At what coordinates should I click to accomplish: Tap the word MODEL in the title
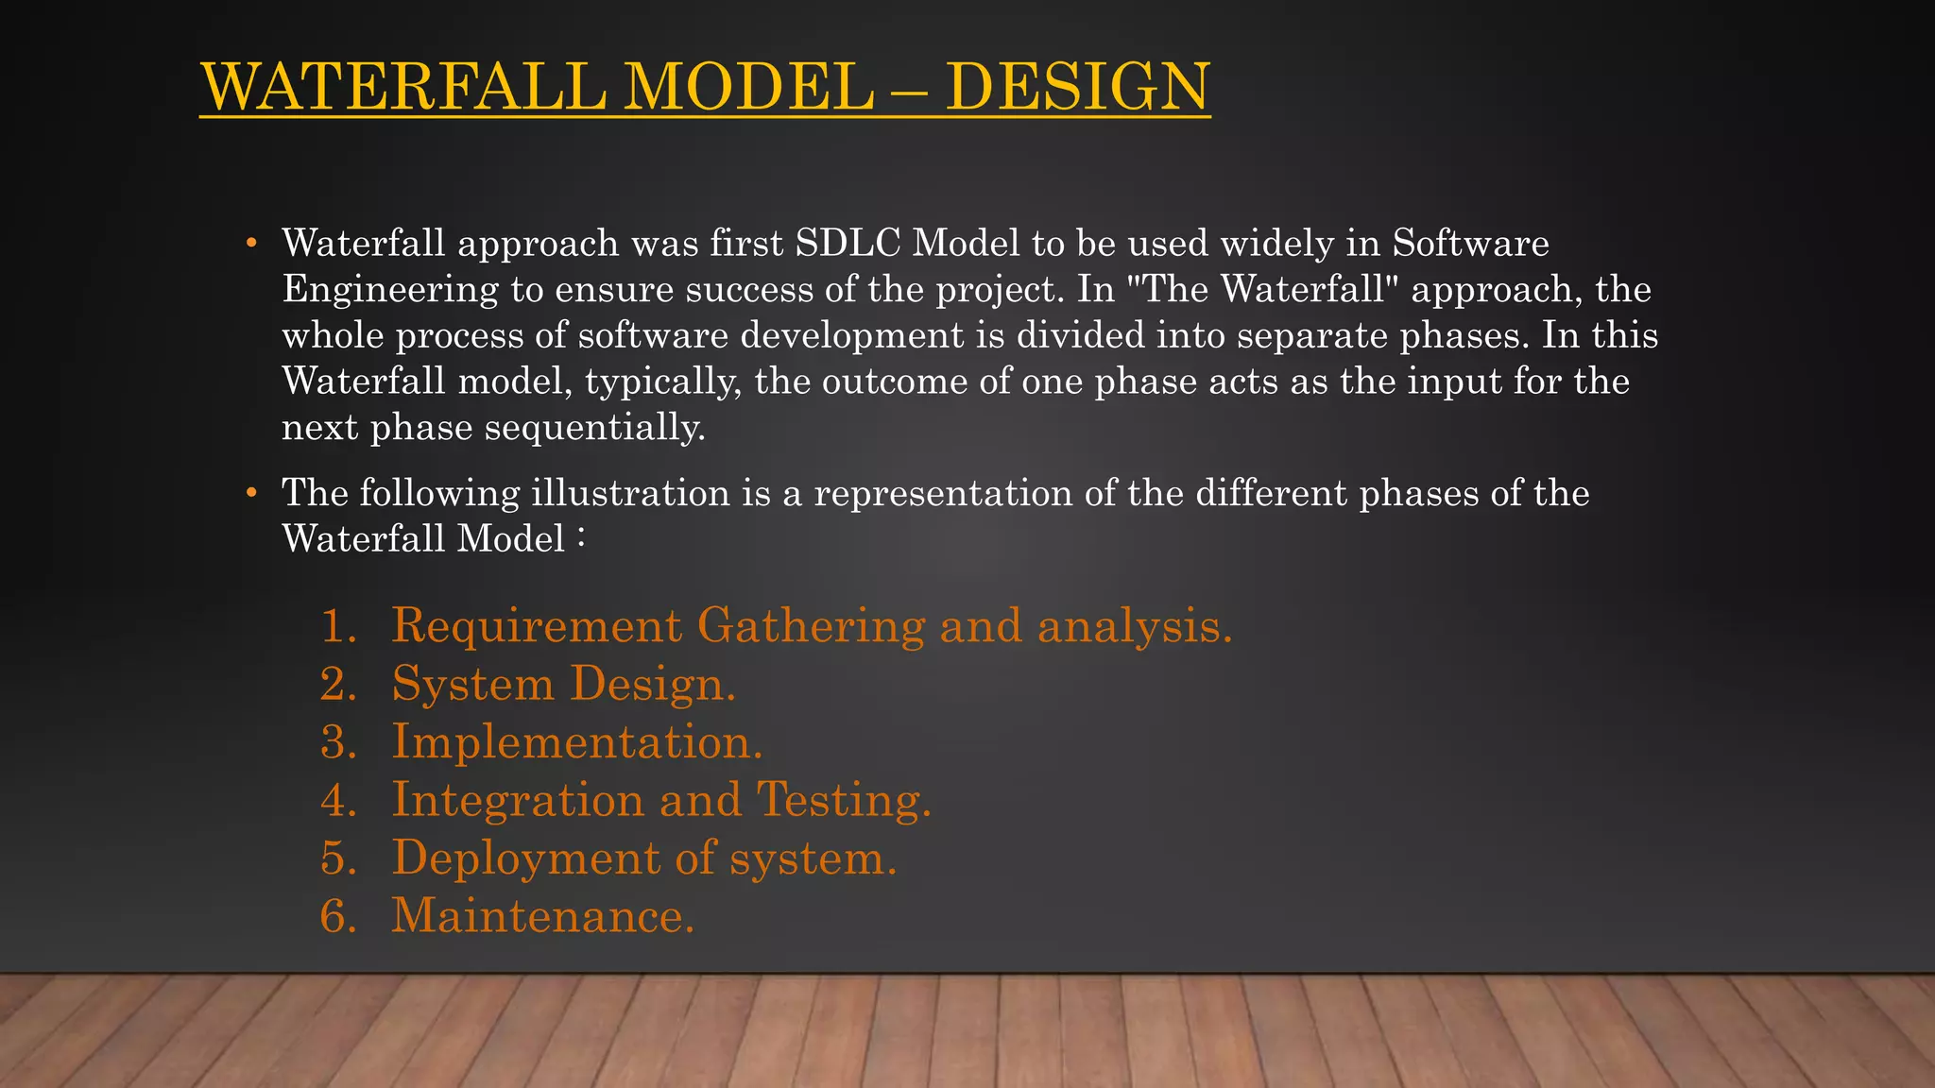(748, 87)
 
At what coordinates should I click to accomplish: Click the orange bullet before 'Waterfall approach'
(251, 244)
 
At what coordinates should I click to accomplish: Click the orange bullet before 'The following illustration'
(251, 493)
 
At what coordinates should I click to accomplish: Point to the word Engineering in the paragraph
(390, 290)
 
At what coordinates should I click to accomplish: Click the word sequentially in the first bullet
(594, 428)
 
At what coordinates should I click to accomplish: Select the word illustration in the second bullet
(630, 493)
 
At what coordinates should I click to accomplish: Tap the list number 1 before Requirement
(336, 627)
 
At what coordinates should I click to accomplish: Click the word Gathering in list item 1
(811, 627)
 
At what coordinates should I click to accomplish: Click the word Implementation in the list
(576, 742)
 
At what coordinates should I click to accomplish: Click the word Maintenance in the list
(542, 917)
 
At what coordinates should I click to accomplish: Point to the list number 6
(336, 917)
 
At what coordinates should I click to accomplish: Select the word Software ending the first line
(1470, 244)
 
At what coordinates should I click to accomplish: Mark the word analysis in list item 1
(1134, 627)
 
